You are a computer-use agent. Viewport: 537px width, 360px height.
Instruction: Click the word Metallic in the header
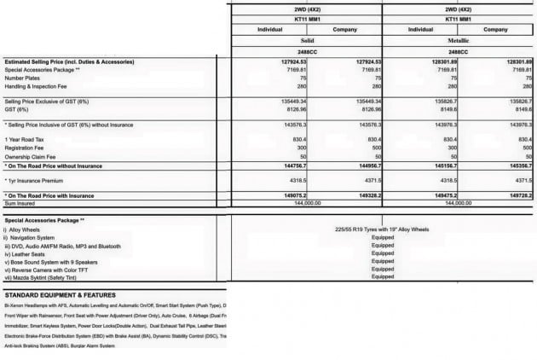(459, 40)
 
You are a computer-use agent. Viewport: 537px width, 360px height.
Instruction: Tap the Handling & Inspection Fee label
(38, 86)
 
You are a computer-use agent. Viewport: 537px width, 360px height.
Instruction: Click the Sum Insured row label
(23, 204)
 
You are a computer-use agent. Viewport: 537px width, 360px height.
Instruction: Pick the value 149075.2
(293, 195)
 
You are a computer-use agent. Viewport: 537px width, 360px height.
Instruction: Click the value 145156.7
(443, 165)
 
